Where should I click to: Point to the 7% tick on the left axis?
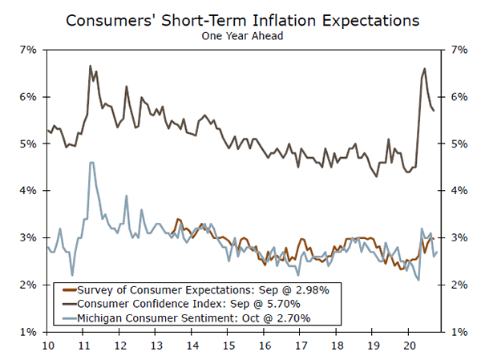click(x=27, y=50)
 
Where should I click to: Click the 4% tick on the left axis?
click(x=27, y=191)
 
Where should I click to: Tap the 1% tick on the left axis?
click(x=27, y=332)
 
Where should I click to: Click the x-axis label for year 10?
click(x=47, y=345)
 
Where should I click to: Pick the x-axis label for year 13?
click(x=157, y=345)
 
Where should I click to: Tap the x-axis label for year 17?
click(x=300, y=345)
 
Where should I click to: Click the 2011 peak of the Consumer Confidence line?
click(x=90, y=66)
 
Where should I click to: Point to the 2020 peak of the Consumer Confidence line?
click(x=424, y=69)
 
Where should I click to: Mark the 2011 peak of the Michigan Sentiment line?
click(x=91, y=163)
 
